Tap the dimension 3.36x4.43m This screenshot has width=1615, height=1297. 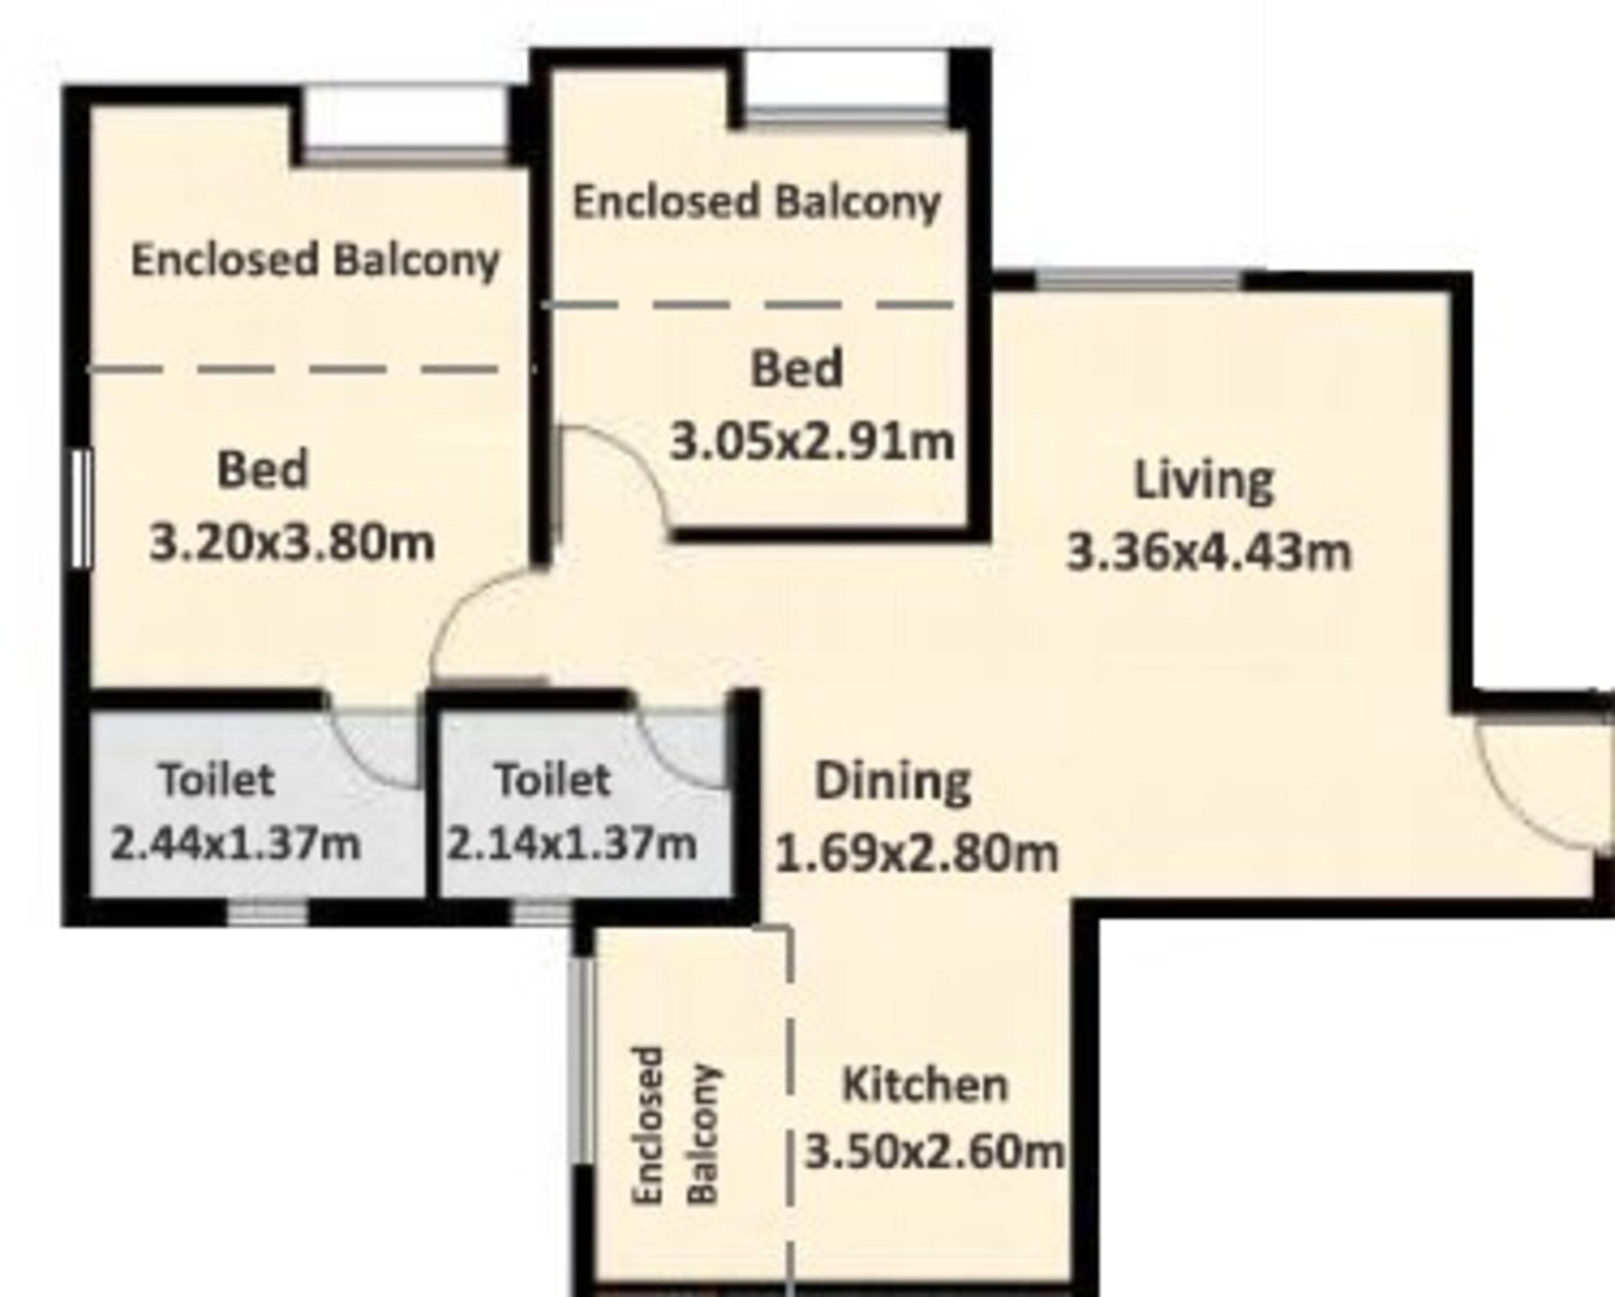1208,552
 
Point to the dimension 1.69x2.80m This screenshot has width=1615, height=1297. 916,853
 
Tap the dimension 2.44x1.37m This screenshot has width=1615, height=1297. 235,844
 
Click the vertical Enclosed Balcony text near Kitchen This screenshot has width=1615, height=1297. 676,1125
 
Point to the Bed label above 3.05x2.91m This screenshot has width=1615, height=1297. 796,369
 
